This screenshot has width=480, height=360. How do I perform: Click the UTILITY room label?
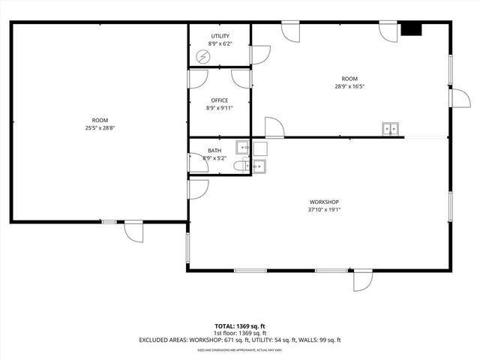220,36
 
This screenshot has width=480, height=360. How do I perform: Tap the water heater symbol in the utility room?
203,57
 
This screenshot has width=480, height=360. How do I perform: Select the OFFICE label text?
219,100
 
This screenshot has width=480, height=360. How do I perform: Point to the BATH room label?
214,151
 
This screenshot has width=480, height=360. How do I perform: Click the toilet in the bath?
240,166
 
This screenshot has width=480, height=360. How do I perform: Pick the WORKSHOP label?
325,202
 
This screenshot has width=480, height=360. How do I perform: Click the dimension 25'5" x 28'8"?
100,128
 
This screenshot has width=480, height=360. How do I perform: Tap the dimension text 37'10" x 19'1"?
325,210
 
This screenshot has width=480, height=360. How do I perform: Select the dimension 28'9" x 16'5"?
349,86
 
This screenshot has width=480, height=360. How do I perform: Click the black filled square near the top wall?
411,29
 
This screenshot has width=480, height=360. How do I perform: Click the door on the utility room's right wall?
259,55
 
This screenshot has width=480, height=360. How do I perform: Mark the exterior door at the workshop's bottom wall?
362,280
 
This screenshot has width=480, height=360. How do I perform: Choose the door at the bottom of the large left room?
133,231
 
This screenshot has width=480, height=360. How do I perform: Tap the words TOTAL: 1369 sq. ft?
240,326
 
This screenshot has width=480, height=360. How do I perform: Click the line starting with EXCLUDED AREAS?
240,340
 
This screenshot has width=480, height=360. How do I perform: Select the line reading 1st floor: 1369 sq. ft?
240,333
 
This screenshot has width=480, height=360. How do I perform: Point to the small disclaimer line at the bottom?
240,349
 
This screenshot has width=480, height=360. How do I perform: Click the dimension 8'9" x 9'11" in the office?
219,108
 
